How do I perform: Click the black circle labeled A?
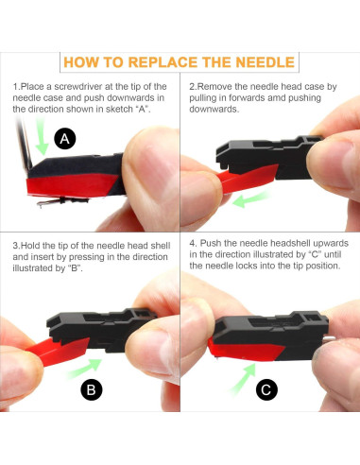(x=65, y=138)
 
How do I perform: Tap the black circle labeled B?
(x=92, y=389)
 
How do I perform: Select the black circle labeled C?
(x=266, y=389)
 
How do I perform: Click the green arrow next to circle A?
(x=42, y=136)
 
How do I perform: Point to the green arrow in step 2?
(x=251, y=199)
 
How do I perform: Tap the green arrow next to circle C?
(x=243, y=378)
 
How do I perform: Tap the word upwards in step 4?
(x=328, y=244)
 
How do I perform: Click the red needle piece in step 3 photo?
(x=59, y=352)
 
